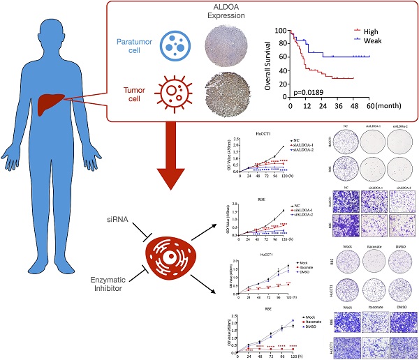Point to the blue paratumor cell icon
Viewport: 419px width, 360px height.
172,43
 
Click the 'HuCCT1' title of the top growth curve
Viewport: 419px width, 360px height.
263,133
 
